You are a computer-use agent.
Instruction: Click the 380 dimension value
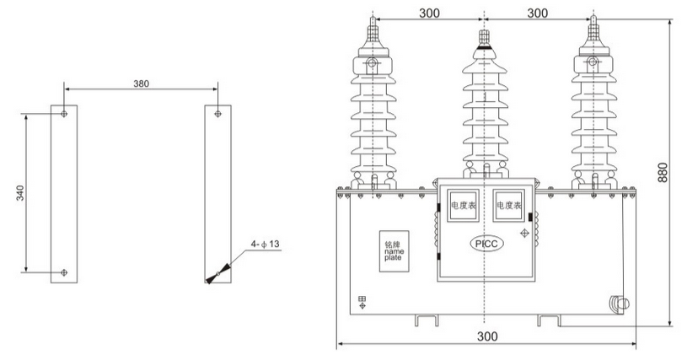142,84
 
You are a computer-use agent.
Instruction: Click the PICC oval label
486,244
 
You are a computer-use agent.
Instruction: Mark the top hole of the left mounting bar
64,113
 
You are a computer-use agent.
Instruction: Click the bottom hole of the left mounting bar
64,272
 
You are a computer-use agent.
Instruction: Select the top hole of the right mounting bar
218,113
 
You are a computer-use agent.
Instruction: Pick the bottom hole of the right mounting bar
218,272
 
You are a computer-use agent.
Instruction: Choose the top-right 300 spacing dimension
540,13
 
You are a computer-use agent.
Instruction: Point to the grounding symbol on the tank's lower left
362,300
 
